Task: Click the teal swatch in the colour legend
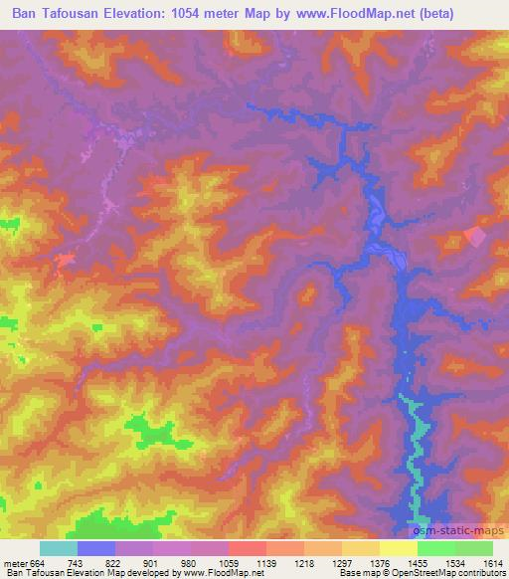click(x=58, y=548)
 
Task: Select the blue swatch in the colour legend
click(x=95, y=548)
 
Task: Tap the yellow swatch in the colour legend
click(x=398, y=548)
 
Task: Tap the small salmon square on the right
click(x=475, y=237)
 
